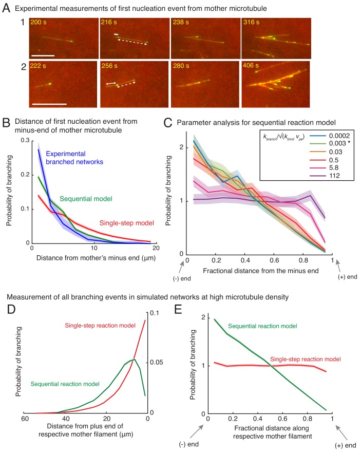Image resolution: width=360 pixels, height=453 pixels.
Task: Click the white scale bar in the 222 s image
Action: pos(49,104)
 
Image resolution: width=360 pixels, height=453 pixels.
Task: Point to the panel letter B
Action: pos(6,122)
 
